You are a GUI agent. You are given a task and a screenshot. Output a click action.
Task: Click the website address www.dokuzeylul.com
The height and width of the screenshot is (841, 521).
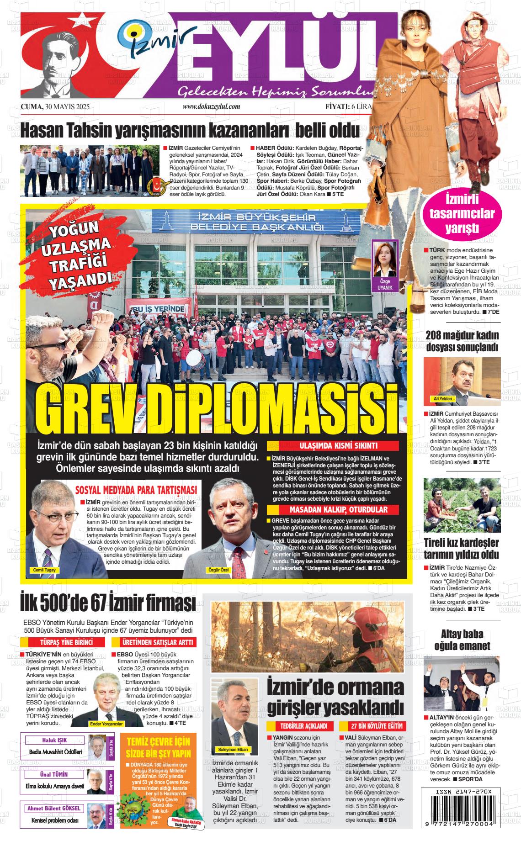point(211,106)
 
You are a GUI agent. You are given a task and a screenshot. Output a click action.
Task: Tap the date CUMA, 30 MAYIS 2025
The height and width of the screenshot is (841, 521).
point(55,107)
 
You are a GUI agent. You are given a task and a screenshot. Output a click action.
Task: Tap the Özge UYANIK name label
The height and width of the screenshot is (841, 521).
point(385,285)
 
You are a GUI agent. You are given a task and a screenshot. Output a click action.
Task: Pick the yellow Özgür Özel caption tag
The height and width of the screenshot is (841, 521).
point(218,570)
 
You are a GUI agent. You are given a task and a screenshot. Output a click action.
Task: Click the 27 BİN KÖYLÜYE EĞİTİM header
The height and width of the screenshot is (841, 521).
point(371,726)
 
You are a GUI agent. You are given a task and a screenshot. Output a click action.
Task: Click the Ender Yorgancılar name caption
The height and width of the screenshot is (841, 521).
point(106,725)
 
